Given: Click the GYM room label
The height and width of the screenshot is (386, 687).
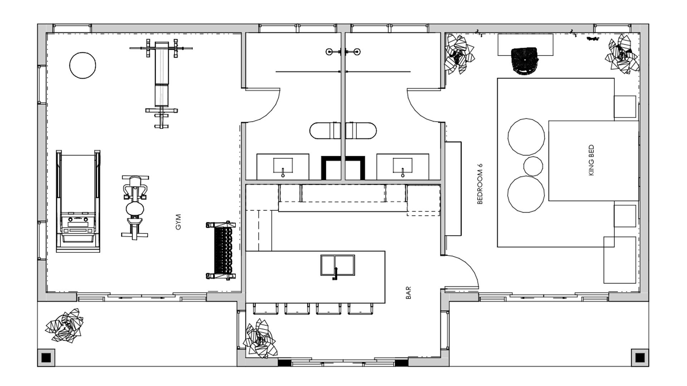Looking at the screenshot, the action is [x=179, y=222].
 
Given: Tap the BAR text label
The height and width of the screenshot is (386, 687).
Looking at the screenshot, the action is [x=409, y=292].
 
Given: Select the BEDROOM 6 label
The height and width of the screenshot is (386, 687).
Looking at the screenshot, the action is [x=480, y=184].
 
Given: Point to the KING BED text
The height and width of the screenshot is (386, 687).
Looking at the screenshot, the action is [x=591, y=160].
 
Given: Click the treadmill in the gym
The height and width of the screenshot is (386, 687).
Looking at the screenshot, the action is [x=78, y=201].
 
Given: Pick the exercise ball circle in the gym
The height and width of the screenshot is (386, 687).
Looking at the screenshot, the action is [x=83, y=65].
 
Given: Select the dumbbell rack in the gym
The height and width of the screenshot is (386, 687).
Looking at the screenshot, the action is [x=221, y=250].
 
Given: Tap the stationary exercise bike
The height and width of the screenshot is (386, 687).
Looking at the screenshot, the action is [x=135, y=207].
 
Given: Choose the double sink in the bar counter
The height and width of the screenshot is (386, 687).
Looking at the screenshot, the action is [x=337, y=265].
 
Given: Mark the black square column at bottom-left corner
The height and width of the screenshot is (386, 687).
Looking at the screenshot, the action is [x=46, y=357].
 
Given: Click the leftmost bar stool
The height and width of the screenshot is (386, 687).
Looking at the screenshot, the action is [x=265, y=308].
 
